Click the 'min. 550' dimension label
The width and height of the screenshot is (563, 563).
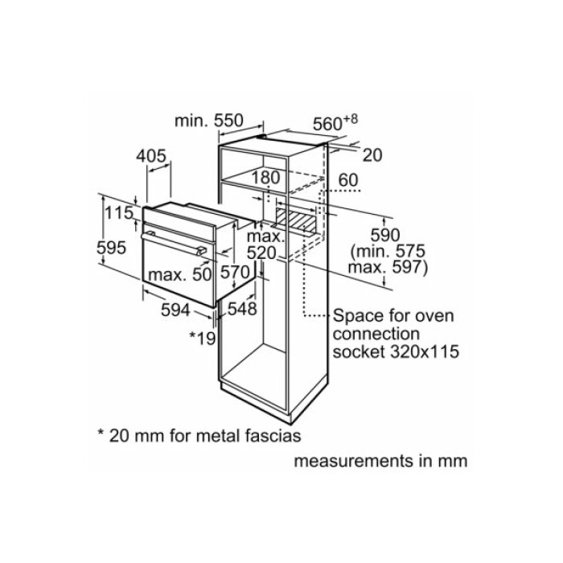208,121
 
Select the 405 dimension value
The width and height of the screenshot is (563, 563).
151,155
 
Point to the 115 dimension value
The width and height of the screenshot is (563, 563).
118,213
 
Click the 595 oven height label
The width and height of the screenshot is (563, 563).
112,249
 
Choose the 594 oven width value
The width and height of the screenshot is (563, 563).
174,310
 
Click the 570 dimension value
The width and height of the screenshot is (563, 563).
236,273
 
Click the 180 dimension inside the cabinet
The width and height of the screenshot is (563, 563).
265,177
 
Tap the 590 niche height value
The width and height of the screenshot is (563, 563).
384,234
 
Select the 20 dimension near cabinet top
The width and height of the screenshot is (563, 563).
372,155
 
